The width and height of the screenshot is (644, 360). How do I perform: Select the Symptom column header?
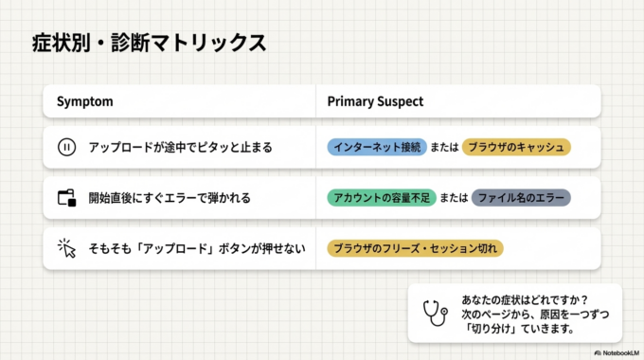85,101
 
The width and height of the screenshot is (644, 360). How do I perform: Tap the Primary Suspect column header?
375,101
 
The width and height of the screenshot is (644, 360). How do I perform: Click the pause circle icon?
66,147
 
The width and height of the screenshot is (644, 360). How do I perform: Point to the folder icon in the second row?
66,198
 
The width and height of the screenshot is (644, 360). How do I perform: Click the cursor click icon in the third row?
66,248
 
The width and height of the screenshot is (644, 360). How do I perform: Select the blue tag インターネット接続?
377,147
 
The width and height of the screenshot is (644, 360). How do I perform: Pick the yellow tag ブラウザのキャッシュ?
516,147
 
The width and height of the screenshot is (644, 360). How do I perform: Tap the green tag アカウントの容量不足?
377,198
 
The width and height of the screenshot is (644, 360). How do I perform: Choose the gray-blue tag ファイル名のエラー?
521,198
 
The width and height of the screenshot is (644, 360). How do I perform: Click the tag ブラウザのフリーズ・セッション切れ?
415,248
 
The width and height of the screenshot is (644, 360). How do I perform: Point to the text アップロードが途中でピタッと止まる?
180,147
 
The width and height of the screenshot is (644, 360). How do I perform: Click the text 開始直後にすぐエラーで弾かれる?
170,198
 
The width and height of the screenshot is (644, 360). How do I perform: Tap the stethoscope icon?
435,313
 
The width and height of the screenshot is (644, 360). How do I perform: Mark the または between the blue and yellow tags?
444,147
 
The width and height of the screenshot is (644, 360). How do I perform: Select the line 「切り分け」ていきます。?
512,328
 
